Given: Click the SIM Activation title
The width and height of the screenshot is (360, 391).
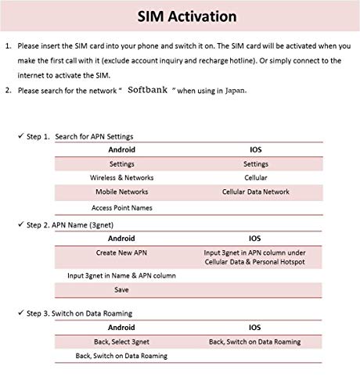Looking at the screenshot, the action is (181, 16).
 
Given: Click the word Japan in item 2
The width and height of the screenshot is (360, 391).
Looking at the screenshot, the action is (235, 90).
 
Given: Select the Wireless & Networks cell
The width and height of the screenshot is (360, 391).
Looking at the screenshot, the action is (121, 178).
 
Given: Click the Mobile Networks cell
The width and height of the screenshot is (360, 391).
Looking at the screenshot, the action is (121, 192).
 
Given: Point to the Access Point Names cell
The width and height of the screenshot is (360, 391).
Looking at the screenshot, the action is (121, 207).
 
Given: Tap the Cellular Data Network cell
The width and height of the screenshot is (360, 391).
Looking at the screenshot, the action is (255, 192).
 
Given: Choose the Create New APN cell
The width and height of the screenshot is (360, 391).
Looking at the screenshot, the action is (121, 253).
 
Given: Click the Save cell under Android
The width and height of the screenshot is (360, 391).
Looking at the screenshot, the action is (121, 289).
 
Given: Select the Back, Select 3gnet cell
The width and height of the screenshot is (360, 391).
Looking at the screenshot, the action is (121, 342).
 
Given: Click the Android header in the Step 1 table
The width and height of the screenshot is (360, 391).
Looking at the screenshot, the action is (121, 150).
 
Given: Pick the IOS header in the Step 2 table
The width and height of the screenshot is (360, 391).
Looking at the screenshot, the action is (255, 239).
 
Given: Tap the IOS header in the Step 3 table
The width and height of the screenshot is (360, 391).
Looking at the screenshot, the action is (255, 328).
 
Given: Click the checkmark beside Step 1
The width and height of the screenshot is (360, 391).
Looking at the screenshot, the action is (20, 136).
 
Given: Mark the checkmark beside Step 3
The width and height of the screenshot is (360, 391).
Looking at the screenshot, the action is (20, 313).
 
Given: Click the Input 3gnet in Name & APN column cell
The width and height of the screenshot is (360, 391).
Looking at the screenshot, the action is (121, 275).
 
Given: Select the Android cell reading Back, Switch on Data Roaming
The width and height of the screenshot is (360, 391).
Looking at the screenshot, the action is (121, 356).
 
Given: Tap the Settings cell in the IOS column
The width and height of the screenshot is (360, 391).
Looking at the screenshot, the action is (255, 164).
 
